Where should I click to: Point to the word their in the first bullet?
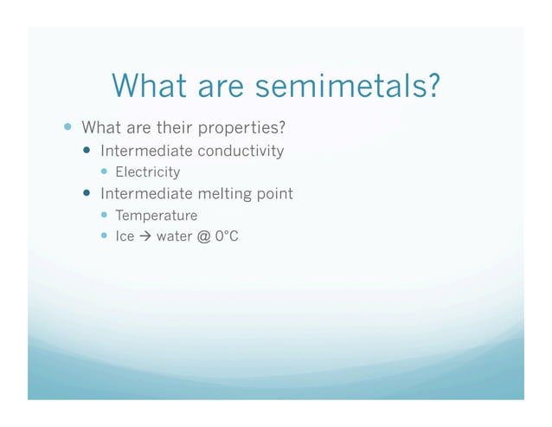[x=175, y=129]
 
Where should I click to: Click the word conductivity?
[x=241, y=151]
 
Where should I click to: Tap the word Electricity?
[x=148, y=171]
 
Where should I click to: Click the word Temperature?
[x=157, y=215]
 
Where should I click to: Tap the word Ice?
[x=125, y=235]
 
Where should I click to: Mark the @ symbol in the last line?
[x=203, y=235]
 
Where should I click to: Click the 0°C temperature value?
[x=226, y=235]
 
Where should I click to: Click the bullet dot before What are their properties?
[x=68, y=128]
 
